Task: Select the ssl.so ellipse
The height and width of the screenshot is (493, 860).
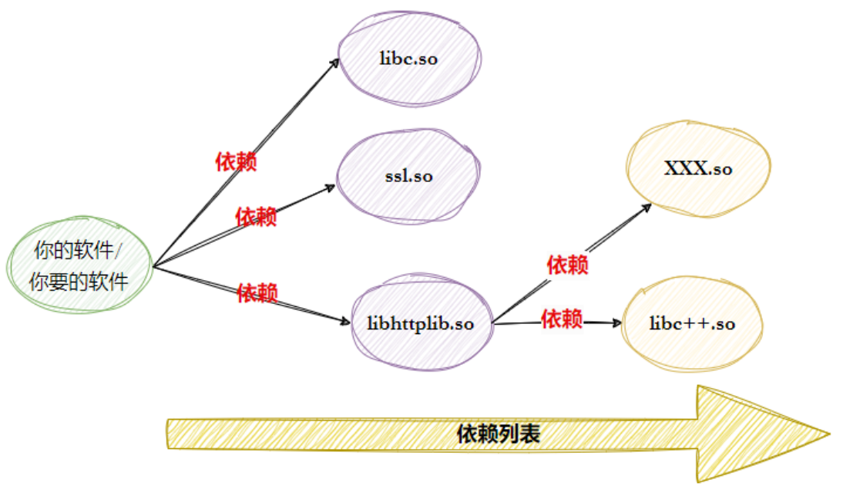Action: [x=408, y=176]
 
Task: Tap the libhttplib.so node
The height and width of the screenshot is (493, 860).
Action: [x=420, y=323]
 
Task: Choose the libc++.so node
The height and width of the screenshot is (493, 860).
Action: [x=691, y=323]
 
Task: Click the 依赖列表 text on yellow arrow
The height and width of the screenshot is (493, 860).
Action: [x=497, y=434]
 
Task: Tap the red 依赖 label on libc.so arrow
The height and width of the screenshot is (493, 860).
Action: [x=236, y=162]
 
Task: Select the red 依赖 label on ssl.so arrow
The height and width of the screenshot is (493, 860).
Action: [x=256, y=217]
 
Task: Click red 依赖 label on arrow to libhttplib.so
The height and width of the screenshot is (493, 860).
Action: [x=257, y=293]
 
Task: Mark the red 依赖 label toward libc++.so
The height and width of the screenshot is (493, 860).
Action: [x=562, y=318]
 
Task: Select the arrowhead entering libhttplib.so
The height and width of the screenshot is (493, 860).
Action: [x=345, y=322]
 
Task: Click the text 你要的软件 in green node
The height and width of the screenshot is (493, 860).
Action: [x=79, y=282]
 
